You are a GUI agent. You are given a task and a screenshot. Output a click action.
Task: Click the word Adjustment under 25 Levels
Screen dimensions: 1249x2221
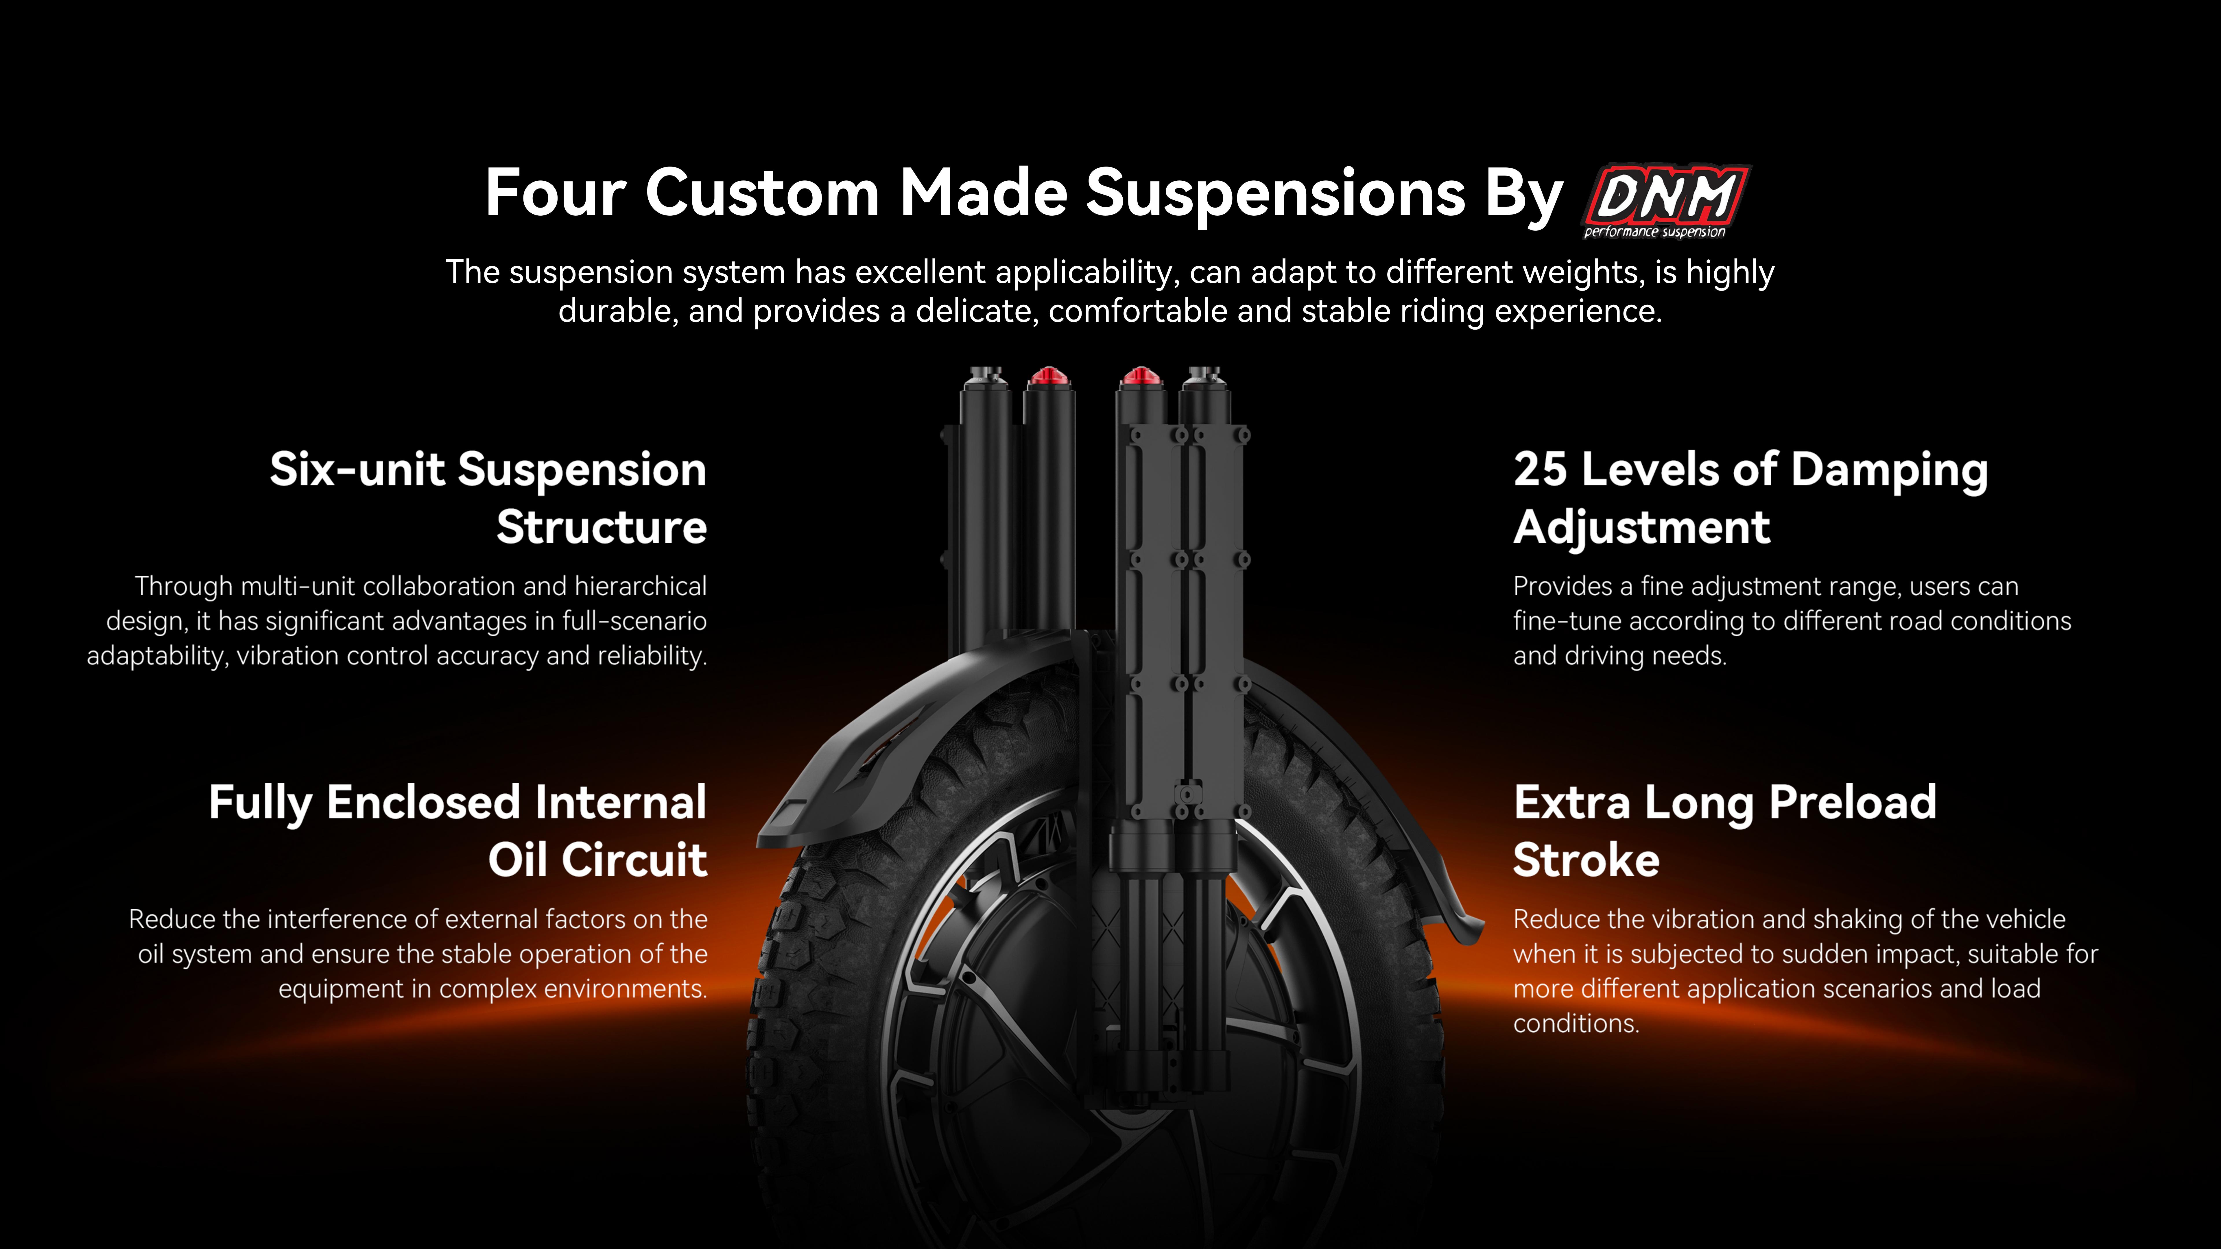1642,528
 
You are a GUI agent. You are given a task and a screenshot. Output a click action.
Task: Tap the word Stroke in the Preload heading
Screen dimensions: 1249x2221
1587,860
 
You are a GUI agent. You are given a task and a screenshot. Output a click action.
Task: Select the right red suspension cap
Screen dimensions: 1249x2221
1141,377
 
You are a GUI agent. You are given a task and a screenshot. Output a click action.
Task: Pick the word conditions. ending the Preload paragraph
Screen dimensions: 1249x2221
1576,1024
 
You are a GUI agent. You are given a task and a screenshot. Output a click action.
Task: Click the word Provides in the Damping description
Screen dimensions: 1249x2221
1562,586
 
